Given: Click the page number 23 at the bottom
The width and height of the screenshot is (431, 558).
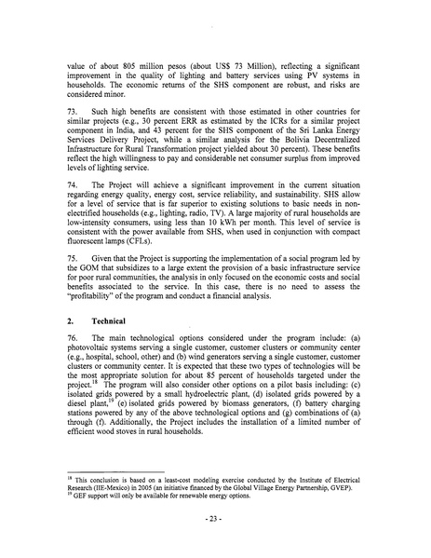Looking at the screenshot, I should coord(214,540).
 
